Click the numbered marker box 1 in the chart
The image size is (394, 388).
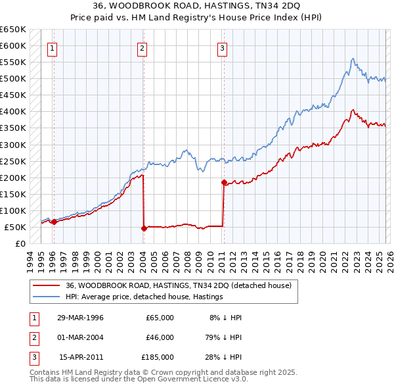(51, 47)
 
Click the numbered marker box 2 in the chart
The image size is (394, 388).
(142, 47)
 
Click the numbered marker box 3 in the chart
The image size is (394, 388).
(223, 47)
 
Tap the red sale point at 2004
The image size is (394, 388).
(144, 229)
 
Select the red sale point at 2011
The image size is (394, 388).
(224, 182)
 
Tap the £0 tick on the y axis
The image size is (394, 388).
(20, 244)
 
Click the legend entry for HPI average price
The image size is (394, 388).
(144, 297)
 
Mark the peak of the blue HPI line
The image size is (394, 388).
(353, 59)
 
